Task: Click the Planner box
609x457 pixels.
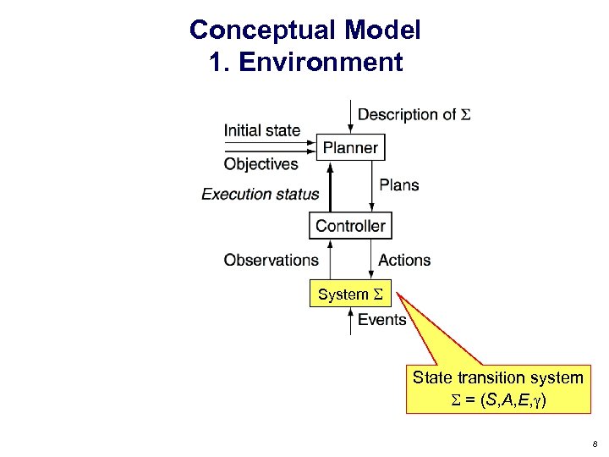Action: click(x=350, y=147)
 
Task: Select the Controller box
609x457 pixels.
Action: click(x=350, y=225)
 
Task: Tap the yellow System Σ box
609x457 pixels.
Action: click(x=350, y=295)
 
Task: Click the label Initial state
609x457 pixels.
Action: click(x=261, y=130)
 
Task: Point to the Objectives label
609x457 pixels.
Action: click(x=261, y=164)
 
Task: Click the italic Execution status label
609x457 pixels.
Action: click(x=261, y=194)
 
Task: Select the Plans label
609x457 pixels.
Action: click(x=399, y=184)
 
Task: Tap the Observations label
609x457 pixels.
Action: click(x=271, y=260)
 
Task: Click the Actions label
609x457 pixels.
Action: click(x=404, y=260)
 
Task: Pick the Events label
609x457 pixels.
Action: click(x=381, y=319)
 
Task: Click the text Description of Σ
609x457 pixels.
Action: click(x=414, y=114)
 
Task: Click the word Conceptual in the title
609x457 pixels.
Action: click(x=262, y=30)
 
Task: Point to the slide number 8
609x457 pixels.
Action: click(x=595, y=443)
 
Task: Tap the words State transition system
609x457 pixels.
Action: click(x=497, y=377)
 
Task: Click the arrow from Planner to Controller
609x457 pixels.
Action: click(x=372, y=186)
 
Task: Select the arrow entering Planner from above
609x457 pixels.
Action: click(x=351, y=117)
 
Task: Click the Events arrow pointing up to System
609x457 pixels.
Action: click(x=351, y=321)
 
